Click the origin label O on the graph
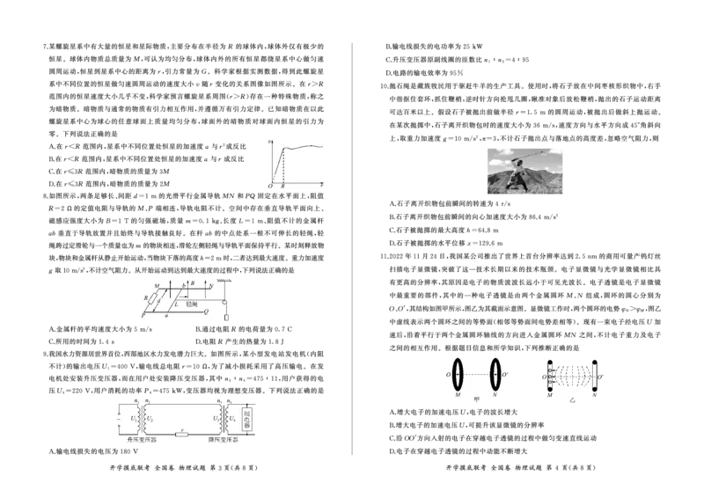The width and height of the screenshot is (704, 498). pos(271,187)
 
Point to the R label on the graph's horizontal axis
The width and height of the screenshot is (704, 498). pos(283,187)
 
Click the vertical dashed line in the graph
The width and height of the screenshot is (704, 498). pos(283,167)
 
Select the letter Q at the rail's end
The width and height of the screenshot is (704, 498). pos(206,311)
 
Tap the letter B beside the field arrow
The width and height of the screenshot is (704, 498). pos(193,283)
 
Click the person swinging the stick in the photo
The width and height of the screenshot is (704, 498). pos(523,174)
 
